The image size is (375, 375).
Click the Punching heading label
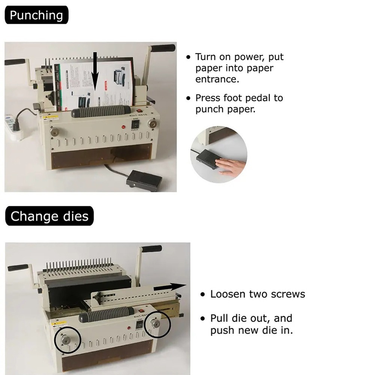(37, 15)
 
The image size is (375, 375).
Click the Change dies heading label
(49, 216)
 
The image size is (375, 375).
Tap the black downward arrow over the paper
(95, 71)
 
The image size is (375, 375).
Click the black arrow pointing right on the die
(169, 287)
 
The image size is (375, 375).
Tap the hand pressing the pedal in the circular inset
(229, 166)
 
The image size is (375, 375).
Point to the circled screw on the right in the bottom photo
(156, 324)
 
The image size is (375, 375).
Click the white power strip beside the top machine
(14, 126)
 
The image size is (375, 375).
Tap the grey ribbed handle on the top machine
(101, 111)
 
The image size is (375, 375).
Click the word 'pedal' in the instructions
(258, 98)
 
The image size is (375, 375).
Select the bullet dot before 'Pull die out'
(203, 318)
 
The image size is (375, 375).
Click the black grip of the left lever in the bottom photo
(18, 268)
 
